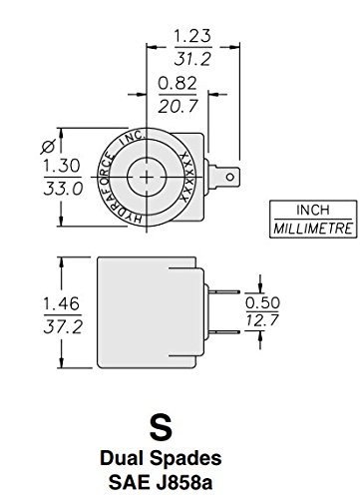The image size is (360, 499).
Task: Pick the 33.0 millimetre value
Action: coord(35,187)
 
